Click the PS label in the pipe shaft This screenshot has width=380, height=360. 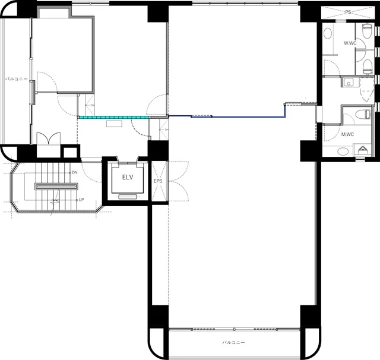tap(348, 12)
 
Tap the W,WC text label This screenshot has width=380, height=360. tap(350, 43)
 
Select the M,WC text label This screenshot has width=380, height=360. tap(347, 134)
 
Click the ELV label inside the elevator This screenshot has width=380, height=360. tap(128, 177)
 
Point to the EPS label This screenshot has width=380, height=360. tap(158, 181)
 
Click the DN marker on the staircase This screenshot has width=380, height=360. tap(74, 173)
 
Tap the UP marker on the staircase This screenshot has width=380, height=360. tap(81, 200)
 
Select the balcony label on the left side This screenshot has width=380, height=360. tap(16, 79)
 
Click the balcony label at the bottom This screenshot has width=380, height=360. tap(233, 342)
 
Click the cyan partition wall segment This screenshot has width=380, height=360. tap(114, 118)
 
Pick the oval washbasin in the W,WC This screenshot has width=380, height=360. tap(328, 33)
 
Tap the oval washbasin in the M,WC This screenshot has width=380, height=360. tap(343, 151)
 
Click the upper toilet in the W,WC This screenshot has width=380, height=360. tap(367, 30)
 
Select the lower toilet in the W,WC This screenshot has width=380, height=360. tap(368, 67)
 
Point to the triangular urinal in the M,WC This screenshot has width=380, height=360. tap(362, 150)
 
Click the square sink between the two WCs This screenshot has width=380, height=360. tap(349, 83)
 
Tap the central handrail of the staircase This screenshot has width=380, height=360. tap(56, 186)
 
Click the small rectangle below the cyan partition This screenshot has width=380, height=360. tap(114, 124)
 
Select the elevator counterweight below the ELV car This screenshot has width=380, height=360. tap(128, 197)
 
